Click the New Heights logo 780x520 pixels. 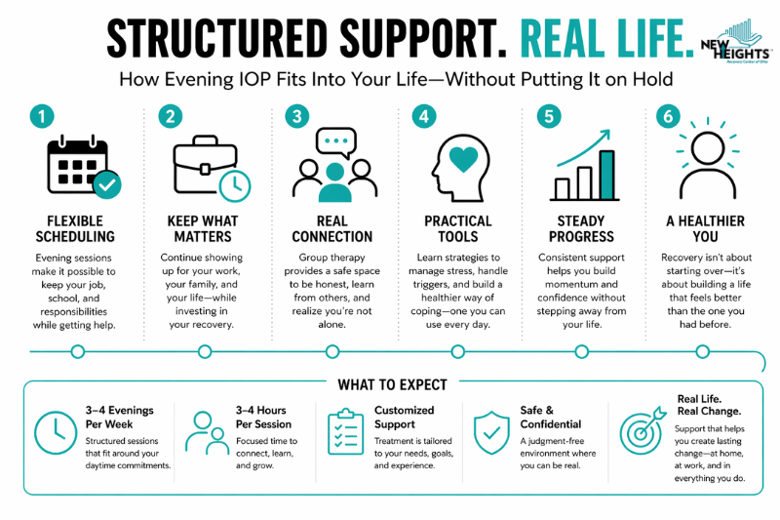tap(737, 42)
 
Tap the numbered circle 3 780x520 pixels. tap(297, 116)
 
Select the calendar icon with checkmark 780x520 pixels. tap(84, 167)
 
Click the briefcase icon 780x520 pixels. tap(205, 164)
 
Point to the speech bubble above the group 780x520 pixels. tap(336, 142)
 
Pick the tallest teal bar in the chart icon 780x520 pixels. tap(606, 176)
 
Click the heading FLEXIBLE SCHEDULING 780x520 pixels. tap(75, 228)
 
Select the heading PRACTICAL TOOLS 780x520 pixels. tap(458, 228)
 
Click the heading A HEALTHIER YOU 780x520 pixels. tap(705, 228)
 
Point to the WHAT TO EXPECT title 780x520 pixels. tap(393, 384)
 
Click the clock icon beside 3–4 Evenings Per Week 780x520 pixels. tap(56, 432)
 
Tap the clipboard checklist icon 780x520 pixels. tap(346, 432)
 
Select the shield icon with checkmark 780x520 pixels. tap(491, 432)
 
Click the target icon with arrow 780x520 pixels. tap(642, 431)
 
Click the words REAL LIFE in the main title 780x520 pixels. tap(606, 39)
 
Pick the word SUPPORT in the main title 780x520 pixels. tap(423, 39)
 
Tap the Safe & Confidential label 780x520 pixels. tap(551, 417)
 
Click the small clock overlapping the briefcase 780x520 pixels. tap(235, 186)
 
